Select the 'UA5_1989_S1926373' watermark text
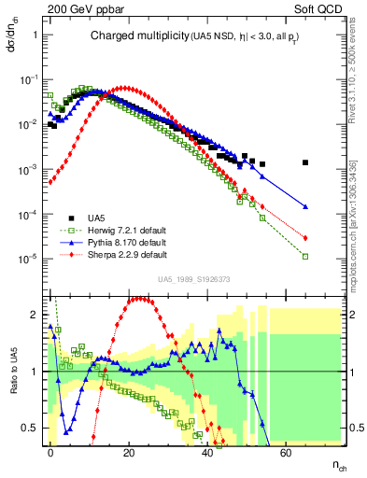[195, 279]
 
